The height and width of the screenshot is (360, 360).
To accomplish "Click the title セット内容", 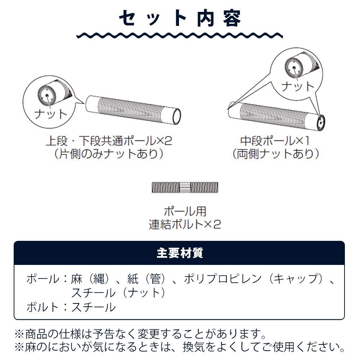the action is [x=180, y=18].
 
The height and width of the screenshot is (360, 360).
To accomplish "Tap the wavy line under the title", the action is [x=180, y=35].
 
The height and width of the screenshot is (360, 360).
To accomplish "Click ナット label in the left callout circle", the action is [x=50, y=114].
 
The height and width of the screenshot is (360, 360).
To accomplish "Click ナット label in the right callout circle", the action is [x=298, y=86].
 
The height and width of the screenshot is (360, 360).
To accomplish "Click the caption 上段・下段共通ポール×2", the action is [x=109, y=141].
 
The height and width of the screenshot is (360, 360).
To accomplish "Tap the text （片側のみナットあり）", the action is [x=109, y=154].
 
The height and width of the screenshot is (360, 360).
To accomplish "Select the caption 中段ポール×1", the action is [x=275, y=141].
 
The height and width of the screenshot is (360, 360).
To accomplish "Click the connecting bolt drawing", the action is [x=185, y=187].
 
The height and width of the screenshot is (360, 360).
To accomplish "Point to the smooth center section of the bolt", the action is [x=185, y=187].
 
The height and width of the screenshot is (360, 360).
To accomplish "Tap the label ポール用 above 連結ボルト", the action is [x=185, y=211].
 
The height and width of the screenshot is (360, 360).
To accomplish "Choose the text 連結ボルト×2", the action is [x=185, y=224].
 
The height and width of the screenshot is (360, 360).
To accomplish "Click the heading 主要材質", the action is [x=180, y=253].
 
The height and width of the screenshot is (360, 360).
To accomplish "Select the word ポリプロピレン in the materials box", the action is [x=223, y=279].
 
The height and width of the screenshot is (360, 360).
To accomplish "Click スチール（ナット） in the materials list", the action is [x=118, y=293].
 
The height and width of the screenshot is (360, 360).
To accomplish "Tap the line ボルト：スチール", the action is [x=71, y=307].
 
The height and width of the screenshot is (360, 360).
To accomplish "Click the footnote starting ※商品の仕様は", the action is [x=140, y=334].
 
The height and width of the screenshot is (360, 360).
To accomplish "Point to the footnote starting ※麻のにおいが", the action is [x=180, y=347].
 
